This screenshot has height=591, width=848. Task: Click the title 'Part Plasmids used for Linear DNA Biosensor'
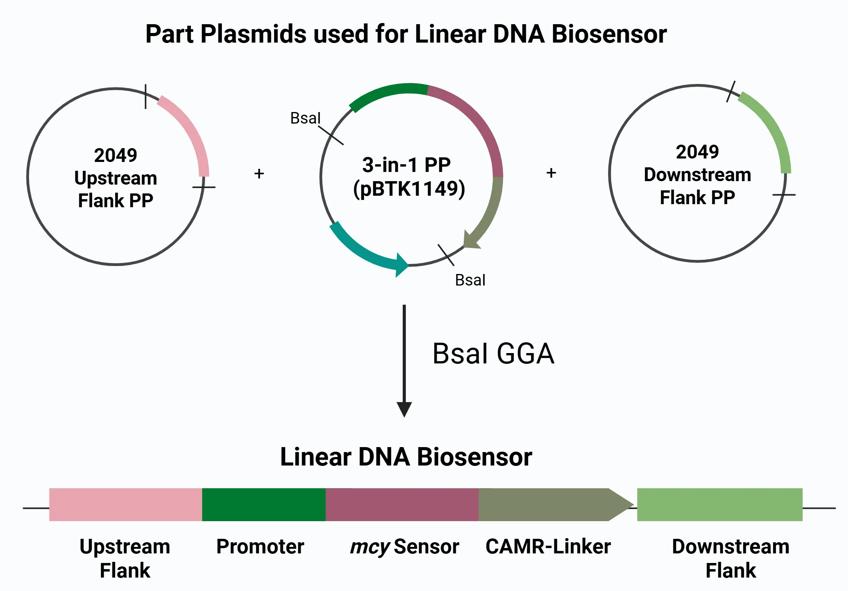pyautogui.click(x=406, y=35)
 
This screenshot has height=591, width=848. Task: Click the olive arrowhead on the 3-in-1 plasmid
pyautogui.click(x=471, y=240)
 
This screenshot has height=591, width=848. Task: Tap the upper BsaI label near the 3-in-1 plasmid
pyautogui.click(x=305, y=118)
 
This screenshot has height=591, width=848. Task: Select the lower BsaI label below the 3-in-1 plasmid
pyautogui.click(x=470, y=280)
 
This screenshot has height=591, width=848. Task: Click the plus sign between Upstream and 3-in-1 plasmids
pyautogui.click(x=259, y=173)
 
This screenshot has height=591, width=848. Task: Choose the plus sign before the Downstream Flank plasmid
pyautogui.click(x=551, y=173)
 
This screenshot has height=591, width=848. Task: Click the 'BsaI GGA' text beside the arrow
pyautogui.click(x=494, y=353)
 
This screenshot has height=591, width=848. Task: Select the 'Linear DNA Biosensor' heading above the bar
pyautogui.click(x=406, y=457)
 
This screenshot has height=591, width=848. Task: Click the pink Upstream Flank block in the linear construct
pyautogui.click(x=126, y=505)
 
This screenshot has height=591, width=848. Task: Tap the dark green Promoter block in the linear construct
pyautogui.click(x=264, y=505)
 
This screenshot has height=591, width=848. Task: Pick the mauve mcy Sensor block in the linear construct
pyautogui.click(x=402, y=505)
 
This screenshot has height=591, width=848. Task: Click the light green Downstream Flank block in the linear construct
pyautogui.click(x=720, y=505)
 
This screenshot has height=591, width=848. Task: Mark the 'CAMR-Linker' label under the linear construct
pyautogui.click(x=548, y=546)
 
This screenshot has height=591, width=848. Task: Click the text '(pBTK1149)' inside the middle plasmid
pyautogui.click(x=409, y=188)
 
